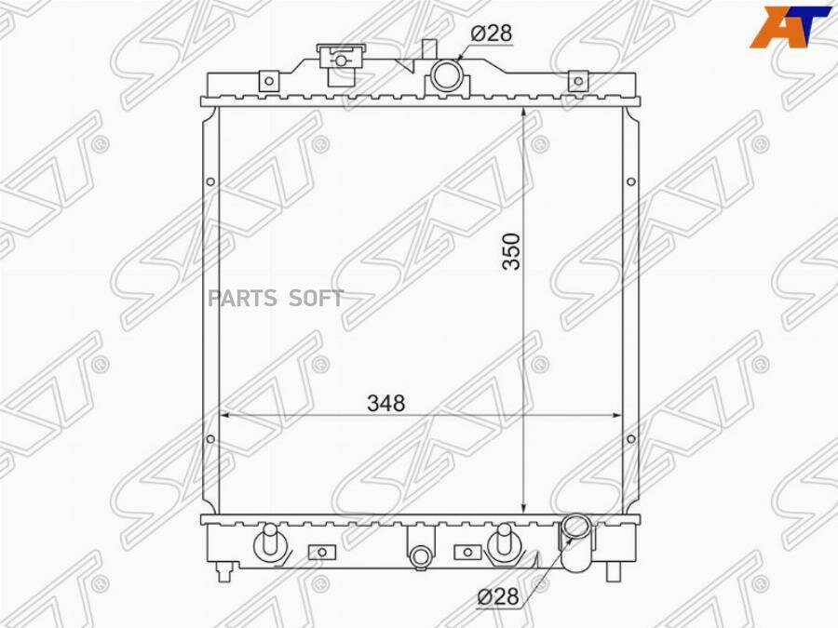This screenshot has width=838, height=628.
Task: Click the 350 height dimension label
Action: (511, 251)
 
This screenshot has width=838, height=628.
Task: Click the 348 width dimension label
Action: (385, 403)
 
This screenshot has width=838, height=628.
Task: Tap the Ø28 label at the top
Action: (491, 33)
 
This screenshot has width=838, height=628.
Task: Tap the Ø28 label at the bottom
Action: (497, 596)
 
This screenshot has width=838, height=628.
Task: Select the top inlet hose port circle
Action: (445, 75)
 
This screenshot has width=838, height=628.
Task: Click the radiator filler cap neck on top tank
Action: (341, 63)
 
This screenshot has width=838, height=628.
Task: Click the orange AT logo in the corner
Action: (790, 27)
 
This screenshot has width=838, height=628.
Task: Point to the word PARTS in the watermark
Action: (243, 298)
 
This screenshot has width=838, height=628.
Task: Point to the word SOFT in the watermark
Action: (317, 298)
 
